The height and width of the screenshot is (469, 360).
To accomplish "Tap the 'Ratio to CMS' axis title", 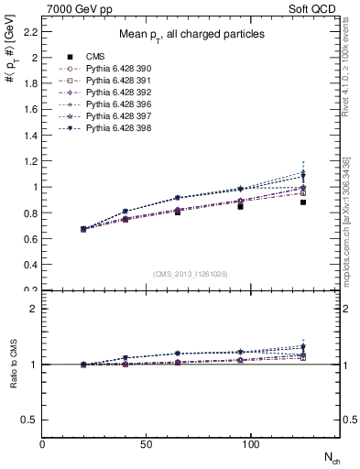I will click(14, 365).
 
